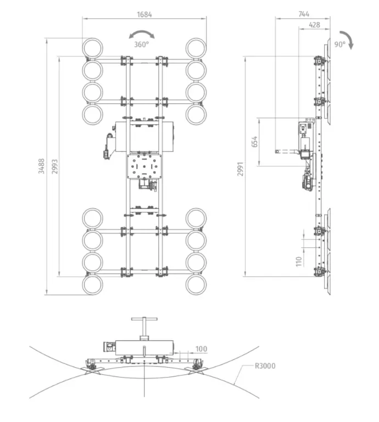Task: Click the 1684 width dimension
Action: click(144, 14)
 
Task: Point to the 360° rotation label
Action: click(141, 45)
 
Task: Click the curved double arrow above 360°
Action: click(142, 35)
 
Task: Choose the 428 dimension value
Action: click(315, 24)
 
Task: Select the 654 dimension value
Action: click(254, 142)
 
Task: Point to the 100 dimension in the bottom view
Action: click(201, 349)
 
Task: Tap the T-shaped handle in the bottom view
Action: click(143, 325)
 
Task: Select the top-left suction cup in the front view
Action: click(93, 47)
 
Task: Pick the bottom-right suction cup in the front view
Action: click(195, 285)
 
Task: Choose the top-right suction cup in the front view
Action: click(195, 47)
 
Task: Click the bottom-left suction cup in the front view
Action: click(93, 285)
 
